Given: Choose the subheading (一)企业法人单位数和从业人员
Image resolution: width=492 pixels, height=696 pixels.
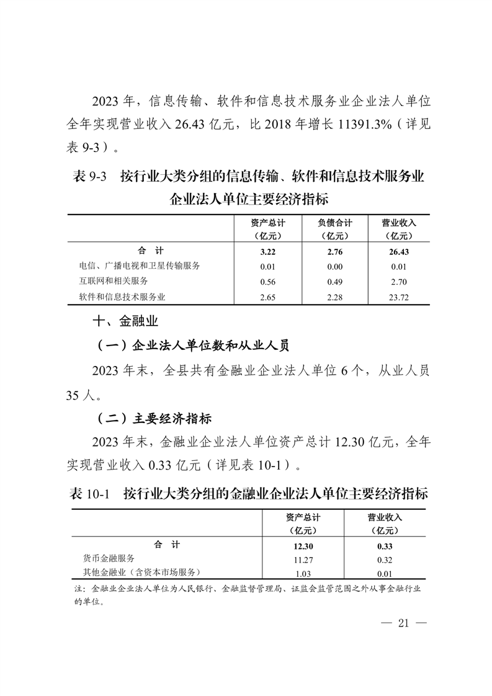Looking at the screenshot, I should [x=193, y=346].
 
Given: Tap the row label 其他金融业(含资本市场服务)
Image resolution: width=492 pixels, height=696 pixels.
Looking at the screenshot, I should [x=141, y=573].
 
